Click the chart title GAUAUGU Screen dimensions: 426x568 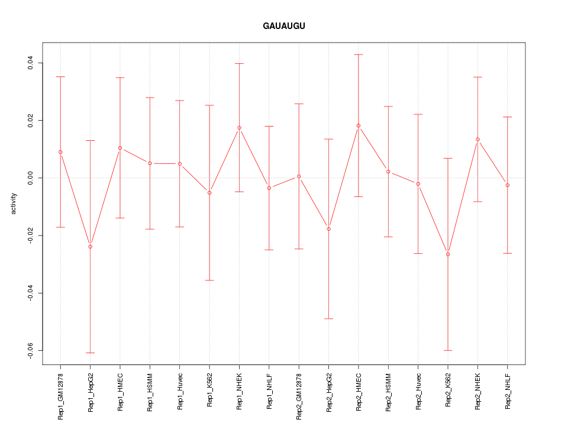[x=284, y=27]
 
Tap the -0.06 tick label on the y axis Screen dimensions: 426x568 [x=30, y=351]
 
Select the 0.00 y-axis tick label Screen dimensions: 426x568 [x=30, y=178]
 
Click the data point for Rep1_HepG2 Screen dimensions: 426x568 [x=91, y=247]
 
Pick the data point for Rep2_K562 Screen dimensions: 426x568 [x=448, y=254]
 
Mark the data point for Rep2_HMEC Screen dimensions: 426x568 [x=359, y=125]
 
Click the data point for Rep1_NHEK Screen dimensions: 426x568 [x=239, y=128]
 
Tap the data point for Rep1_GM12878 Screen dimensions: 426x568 [x=60, y=152]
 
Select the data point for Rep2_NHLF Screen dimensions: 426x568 [x=508, y=185]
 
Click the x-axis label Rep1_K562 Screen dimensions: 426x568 [x=209, y=390]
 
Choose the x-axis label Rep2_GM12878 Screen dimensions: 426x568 [x=299, y=393]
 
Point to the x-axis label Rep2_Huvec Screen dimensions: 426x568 [x=418, y=391]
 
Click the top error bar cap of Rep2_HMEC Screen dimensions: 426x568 [x=359, y=54]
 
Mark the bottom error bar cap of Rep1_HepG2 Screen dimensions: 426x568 [x=91, y=353]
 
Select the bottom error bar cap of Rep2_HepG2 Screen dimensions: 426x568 [x=329, y=319]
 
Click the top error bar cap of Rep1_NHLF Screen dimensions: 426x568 [x=269, y=126]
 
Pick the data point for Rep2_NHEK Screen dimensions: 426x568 [x=477, y=140]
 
